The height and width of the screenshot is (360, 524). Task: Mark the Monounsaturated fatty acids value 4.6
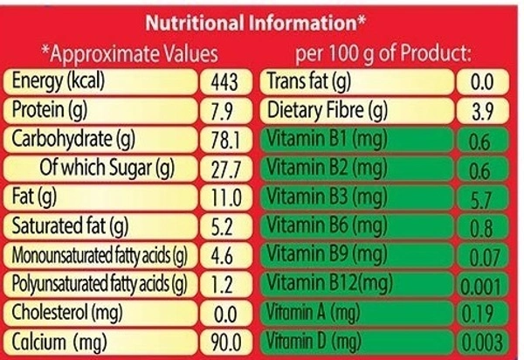225,255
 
